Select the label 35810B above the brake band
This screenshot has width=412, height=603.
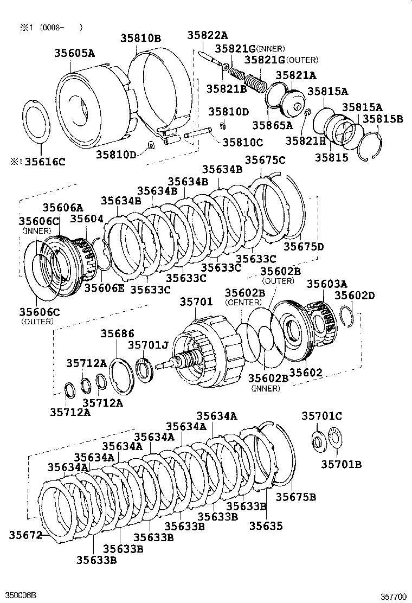(x=140, y=38)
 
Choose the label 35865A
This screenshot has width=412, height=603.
(x=272, y=126)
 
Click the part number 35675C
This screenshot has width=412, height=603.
(x=265, y=159)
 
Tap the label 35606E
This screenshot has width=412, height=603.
(x=104, y=287)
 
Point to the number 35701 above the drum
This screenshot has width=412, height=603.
(x=196, y=301)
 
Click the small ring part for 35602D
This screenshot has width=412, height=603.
(x=347, y=315)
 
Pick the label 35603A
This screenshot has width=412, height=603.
(x=327, y=284)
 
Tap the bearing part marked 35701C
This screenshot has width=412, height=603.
(x=317, y=440)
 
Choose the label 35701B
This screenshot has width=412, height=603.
(x=341, y=464)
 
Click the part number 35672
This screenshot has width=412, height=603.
(x=25, y=535)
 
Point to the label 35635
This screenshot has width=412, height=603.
(x=266, y=525)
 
